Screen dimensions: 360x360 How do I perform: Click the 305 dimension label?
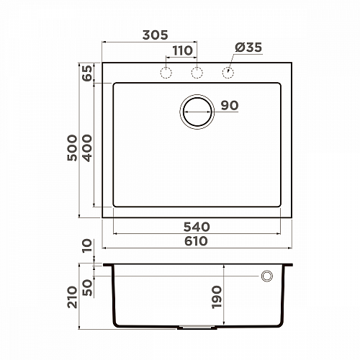tap(156, 35)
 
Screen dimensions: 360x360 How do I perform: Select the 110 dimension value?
tap(182, 50)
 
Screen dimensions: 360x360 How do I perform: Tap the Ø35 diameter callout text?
tap(248, 48)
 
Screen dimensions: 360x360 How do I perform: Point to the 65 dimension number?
tap(87, 73)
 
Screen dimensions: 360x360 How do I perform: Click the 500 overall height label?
tap(72, 148)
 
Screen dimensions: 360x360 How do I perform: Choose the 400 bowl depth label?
tap(87, 148)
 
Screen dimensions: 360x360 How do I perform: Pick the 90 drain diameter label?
tap(230, 105)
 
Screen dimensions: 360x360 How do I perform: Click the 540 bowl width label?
tap(197, 227)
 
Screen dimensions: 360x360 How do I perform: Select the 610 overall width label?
tap(196, 241)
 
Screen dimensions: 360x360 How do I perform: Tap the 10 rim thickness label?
tap(87, 246)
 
